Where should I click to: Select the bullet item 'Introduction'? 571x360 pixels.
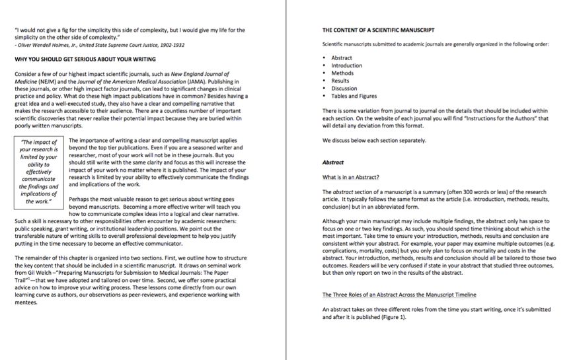(x=346, y=65)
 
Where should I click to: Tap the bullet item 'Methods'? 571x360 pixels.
(x=342, y=73)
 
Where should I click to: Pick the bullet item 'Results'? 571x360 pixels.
(x=340, y=81)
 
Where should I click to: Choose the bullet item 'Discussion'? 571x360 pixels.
(x=344, y=89)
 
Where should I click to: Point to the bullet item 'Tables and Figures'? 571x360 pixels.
(x=354, y=96)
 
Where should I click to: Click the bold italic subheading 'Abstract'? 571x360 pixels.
(x=334, y=162)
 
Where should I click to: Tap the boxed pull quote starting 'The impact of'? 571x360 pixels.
(x=39, y=172)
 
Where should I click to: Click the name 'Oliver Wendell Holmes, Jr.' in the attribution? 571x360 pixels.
(x=49, y=45)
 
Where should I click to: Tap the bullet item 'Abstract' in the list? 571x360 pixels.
(x=342, y=58)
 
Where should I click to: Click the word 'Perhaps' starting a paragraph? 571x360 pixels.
(x=80, y=198)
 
